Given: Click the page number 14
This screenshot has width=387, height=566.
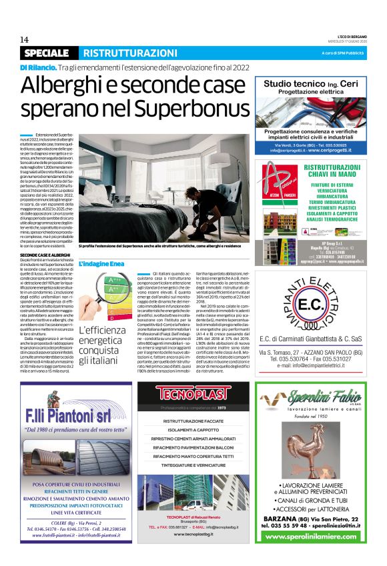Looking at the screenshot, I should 25,40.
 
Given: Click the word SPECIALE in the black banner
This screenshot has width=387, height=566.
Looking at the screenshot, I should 46,53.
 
